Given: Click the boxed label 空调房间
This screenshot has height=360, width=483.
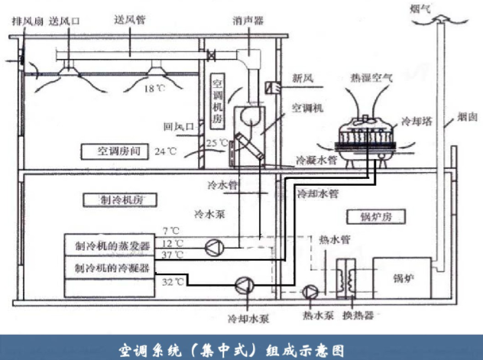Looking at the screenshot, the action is (115, 151).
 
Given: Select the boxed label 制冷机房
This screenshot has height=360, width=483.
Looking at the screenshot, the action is (120, 200).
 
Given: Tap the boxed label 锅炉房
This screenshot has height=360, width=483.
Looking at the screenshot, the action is (376, 217).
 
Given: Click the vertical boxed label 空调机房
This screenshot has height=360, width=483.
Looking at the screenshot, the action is (218, 102).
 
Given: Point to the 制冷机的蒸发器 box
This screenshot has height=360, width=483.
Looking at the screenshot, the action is (109, 245).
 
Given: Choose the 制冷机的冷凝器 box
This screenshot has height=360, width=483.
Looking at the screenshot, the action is (109, 268).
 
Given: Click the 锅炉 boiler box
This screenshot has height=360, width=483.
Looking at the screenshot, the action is (402, 278).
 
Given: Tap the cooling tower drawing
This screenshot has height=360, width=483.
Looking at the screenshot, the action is (365, 140).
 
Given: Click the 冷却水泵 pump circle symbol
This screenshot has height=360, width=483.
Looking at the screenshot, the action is (245, 285).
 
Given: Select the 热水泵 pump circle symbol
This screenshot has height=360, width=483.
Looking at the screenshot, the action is (310, 292).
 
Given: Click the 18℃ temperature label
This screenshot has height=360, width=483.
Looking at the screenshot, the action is (154, 89).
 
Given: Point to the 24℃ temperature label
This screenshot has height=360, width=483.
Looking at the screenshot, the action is (166, 151).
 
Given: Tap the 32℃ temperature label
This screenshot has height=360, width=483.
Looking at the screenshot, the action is (173, 282).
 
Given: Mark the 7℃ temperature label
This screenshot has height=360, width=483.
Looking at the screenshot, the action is (171, 231).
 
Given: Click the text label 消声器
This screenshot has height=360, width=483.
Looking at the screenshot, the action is (248, 21).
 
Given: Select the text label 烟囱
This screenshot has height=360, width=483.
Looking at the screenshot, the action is (467, 117).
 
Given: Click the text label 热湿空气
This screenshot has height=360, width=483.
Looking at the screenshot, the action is (371, 77).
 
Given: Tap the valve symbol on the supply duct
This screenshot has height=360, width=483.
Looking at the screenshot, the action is (211, 56).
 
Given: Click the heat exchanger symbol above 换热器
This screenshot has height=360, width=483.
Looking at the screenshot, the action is (346, 279).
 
